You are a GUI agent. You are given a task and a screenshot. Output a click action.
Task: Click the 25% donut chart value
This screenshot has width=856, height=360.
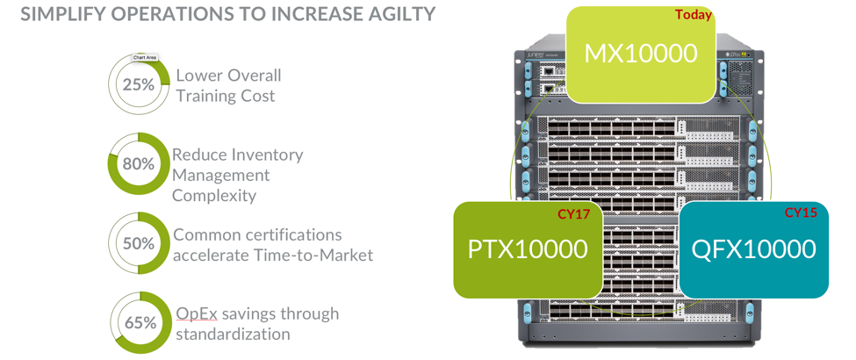[x=138, y=85]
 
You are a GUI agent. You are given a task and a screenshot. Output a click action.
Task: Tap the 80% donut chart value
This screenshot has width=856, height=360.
[x=138, y=164]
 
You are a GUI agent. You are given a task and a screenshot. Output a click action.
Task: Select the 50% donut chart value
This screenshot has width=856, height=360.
[x=138, y=243]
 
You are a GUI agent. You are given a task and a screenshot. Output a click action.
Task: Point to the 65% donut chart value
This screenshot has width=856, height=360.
[x=140, y=322]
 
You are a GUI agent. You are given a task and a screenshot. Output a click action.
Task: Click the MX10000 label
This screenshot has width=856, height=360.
[x=641, y=53]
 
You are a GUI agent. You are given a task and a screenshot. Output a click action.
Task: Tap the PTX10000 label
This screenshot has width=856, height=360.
[x=528, y=249]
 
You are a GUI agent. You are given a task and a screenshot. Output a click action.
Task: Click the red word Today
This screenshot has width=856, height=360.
[x=693, y=15]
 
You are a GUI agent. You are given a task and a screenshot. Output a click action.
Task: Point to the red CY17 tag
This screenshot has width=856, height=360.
[x=573, y=213]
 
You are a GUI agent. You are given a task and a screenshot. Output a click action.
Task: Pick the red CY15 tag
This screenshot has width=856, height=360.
[x=801, y=212]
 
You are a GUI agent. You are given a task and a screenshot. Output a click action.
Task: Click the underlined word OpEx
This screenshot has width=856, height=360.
[x=197, y=313]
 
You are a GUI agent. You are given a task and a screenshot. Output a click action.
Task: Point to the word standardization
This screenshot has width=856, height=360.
[x=233, y=334]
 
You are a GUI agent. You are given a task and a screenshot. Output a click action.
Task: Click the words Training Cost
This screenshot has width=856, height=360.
[x=225, y=96]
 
